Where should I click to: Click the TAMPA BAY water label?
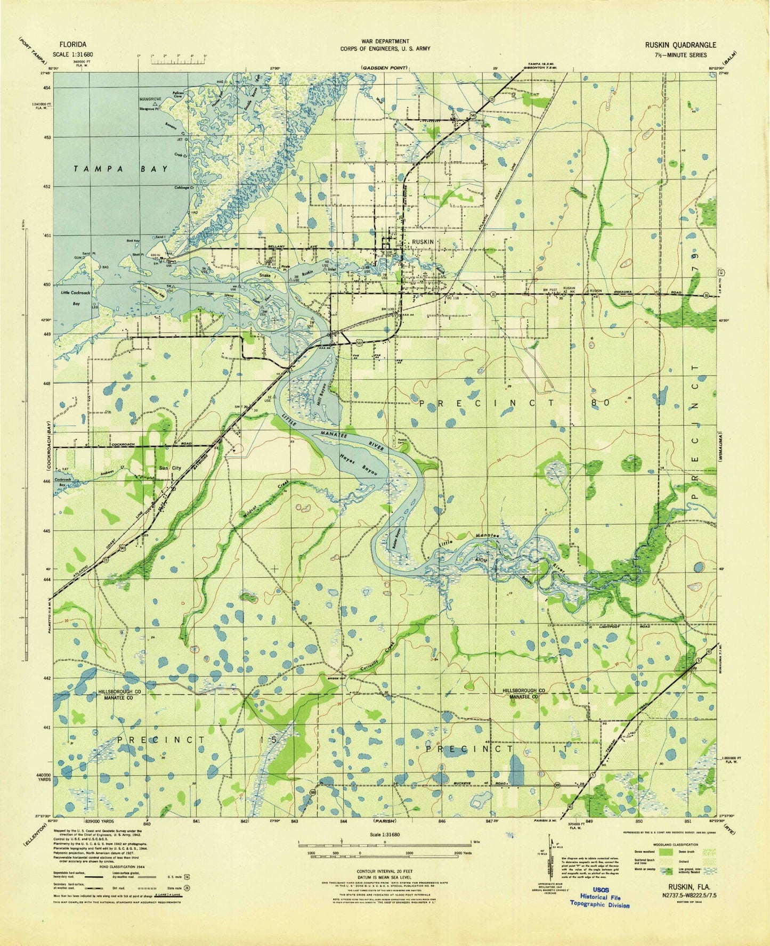pos(121,169)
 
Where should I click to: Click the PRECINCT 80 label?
pos(514,403)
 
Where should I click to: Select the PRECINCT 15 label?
pos(196,740)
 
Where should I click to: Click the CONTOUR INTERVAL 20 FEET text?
pos(384,871)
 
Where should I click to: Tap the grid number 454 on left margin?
pos(62,87)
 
